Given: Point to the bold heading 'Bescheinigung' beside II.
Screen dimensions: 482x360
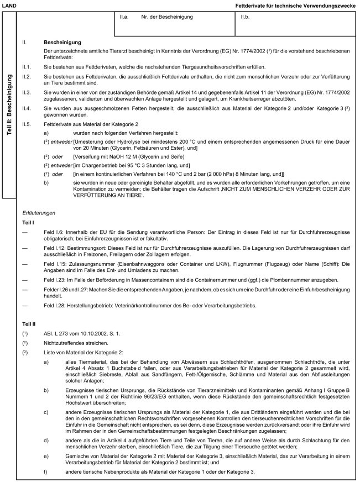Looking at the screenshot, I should tap(62, 43).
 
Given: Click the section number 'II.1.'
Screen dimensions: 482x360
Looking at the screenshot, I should tap(27, 67).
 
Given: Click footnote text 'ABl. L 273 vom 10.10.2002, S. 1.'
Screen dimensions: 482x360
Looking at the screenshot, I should tap(77, 333).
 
